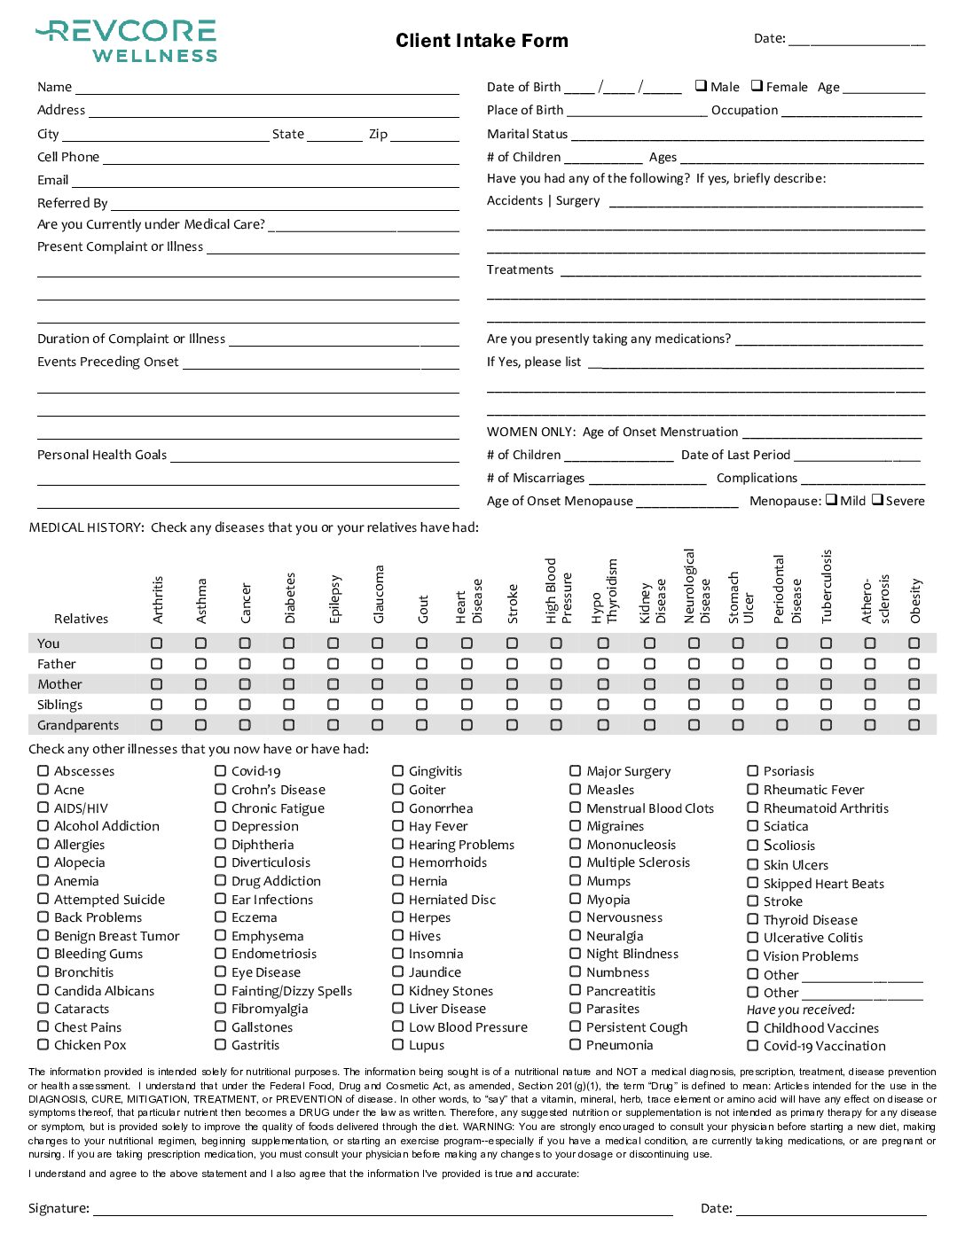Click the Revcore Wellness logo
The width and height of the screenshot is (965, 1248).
(x=127, y=41)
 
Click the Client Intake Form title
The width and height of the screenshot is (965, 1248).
(x=482, y=41)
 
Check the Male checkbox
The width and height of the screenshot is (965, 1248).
(x=701, y=86)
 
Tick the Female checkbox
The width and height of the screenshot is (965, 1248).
(x=757, y=86)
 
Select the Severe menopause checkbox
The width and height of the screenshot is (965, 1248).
(x=877, y=500)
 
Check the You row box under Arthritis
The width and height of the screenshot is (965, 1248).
(x=157, y=643)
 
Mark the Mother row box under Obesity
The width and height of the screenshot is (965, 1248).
(x=914, y=684)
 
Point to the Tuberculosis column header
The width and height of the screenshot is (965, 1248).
(x=827, y=586)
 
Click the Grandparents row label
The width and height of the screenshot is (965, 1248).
(x=78, y=725)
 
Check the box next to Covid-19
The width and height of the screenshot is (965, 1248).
(x=221, y=771)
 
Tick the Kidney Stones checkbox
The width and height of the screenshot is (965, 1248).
(x=398, y=990)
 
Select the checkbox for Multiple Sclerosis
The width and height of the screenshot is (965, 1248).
(x=576, y=862)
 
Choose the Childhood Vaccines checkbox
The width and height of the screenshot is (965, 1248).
(x=753, y=1027)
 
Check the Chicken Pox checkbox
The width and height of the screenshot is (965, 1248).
(x=43, y=1045)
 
